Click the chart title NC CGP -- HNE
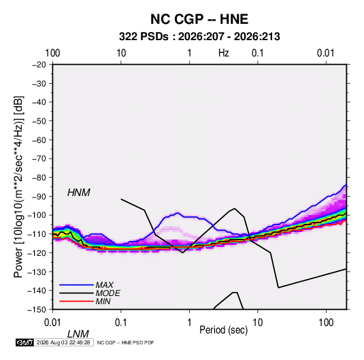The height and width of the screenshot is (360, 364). click(x=199, y=19)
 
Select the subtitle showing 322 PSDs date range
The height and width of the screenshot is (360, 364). click(x=199, y=37)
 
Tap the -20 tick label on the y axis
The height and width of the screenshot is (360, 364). click(x=39, y=65)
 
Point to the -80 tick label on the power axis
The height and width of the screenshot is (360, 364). click(x=39, y=178)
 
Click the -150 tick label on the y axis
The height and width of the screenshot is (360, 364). click(x=37, y=310)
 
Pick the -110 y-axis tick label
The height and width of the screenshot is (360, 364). click(x=37, y=234)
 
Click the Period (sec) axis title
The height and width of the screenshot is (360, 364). click(x=224, y=330)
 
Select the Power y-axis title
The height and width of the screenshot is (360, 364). click(x=18, y=186)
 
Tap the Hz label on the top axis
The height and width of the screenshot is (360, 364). click(x=224, y=53)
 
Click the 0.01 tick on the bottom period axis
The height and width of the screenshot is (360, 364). click(x=52, y=323)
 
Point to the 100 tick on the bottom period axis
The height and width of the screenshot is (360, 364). click(x=326, y=323)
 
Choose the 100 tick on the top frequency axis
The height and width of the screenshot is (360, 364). click(x=52, y=53)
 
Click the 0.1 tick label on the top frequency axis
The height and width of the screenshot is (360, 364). click(x=258, y=53)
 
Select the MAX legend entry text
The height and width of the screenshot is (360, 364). click(x=105, y=284)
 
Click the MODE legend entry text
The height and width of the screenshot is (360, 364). click(x=107, y=293)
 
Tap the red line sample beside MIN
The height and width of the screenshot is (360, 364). click(x=76, y=301)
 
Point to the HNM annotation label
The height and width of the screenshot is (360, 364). click(x=79, y=193)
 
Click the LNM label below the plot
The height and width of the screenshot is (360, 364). click(x=78, y=334)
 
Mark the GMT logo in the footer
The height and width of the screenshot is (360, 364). click(x=24, y=342)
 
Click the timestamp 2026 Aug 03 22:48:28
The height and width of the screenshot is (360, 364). click(x=63, y=342)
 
